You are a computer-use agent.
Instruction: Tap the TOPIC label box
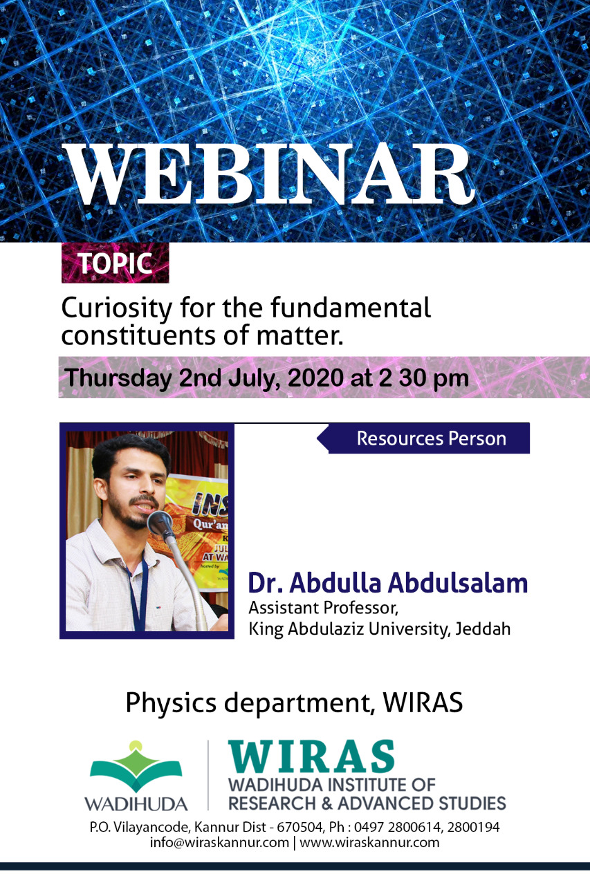(115, 263)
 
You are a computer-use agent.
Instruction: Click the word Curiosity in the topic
(117, 308)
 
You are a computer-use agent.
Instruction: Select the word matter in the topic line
(299, 336)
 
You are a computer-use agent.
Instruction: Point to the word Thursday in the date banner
(118, 378)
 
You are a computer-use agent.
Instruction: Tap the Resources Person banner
(423, 438)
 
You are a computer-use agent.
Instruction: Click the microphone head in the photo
(160, 523)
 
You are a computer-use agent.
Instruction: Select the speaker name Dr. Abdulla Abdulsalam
(387, 583)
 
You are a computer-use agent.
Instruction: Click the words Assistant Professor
(323, 608)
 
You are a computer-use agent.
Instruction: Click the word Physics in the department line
(171, 704)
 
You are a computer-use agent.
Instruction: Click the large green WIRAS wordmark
(311, 756)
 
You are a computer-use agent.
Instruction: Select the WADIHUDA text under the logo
(136, 804)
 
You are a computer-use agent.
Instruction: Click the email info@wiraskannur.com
(219, 842)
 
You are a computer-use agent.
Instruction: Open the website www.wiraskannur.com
(369, 842)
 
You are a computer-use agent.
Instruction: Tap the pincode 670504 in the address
(294, 827)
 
